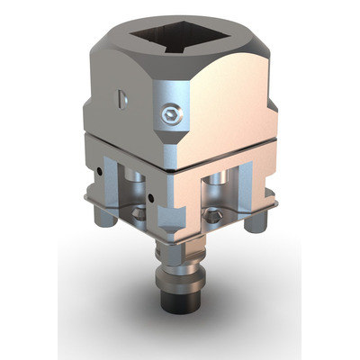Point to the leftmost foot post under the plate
click(x=100, y=217)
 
